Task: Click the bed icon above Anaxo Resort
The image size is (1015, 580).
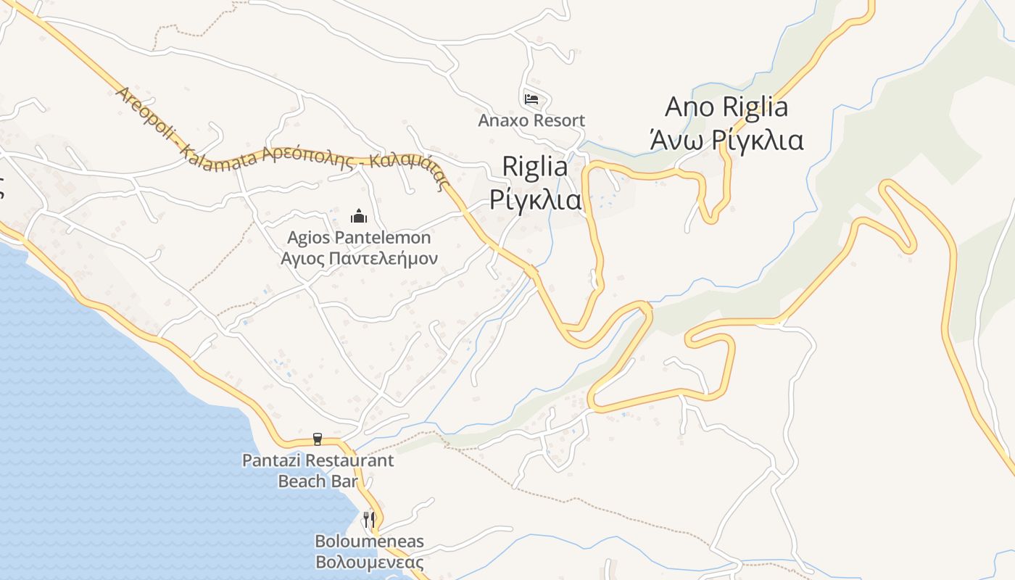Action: pos(531,99)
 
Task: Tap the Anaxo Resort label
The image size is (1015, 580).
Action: pos(531,120)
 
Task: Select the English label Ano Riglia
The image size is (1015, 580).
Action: pos(726,107)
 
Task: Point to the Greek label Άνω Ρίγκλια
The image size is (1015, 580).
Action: pos(726,139)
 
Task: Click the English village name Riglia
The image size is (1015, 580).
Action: pos(535,167)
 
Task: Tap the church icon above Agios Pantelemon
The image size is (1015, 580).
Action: pos(358,216)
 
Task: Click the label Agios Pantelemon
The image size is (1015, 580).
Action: pos(359,238)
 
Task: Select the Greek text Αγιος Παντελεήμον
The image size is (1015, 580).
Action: pos(359,258)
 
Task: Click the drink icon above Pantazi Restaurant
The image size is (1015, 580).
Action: pos(317,439)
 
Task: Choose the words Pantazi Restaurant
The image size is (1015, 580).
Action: pos(318,460)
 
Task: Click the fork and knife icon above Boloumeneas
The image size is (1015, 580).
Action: pos(369,520)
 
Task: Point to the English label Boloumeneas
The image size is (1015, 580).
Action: pos(369,542)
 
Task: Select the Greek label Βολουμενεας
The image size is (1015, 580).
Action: pos(369,562)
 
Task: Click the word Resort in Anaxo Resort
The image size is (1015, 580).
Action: pos(559,120)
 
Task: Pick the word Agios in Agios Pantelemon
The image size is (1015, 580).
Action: pos(307,238)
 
